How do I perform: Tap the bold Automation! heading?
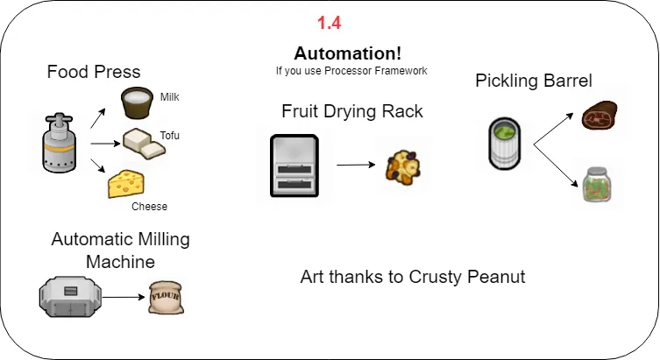(x=347, y=53)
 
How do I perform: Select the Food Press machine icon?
(x=60, y=141)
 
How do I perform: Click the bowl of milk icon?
(x=138, y=104)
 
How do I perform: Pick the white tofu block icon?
(x=144, y=144)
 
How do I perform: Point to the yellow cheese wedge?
(x=126, y=184)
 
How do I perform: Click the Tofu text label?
(x=169, y=136)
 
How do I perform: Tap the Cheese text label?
(x=149, y=207)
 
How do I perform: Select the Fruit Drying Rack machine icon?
(x=295, y=165)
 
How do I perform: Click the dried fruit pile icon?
(x=404, y=170)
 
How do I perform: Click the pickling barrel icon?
(x=505, y=144)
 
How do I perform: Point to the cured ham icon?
(x=602, y=115)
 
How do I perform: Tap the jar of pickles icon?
(x=597, y=185)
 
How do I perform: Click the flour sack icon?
(x=167, y=297)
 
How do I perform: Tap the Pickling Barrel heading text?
(x=534, y=81)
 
